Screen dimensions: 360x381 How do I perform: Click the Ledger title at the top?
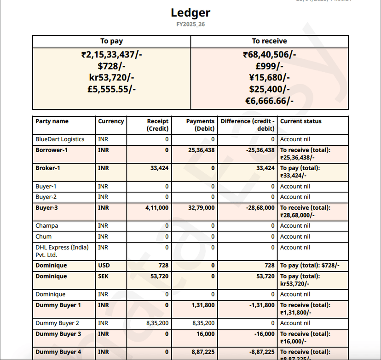tap(190, 13)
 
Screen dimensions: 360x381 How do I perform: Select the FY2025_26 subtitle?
tap(190, 24)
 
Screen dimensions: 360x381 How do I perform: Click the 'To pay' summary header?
tap(111, 41)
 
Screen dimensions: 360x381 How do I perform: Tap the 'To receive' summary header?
tap(269, 41)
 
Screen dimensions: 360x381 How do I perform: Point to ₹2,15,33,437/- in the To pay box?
tap(111, 55)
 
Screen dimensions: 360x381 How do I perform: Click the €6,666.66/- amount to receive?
tap(269, 101)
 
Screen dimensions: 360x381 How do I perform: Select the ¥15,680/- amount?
tap(269, 78)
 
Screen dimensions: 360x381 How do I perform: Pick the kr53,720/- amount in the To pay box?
tap(111, 78)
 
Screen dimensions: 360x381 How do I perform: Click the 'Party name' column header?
tap(52, 121)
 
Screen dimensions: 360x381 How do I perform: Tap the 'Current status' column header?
tap(301, 121)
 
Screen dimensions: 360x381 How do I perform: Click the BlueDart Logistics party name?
tap(60, 139)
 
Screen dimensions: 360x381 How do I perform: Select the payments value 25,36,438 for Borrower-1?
tap(202, 150)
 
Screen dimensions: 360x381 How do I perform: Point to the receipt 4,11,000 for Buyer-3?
tap(157, 208)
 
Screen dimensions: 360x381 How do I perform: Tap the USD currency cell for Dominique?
tap(104, 266)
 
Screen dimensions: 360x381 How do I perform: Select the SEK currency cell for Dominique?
tap(104, 276)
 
